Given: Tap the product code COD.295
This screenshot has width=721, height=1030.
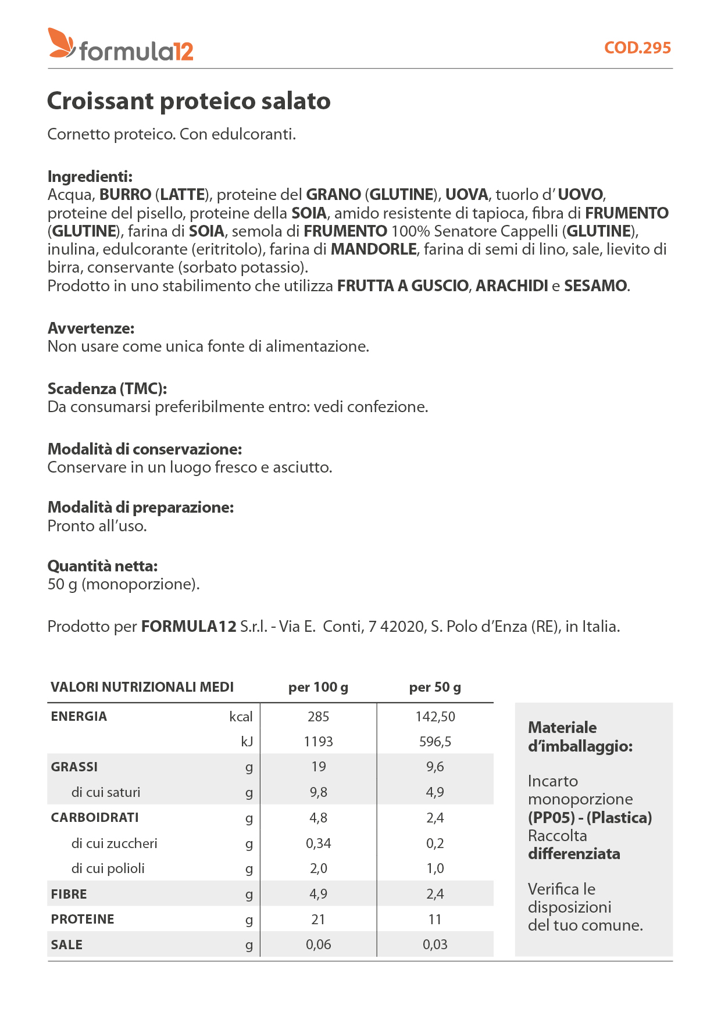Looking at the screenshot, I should pyautogui.click(x=637, y=48).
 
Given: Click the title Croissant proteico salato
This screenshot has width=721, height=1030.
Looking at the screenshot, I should pyautogui.click(x=188, y=101).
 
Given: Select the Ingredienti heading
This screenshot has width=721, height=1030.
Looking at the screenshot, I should pyautogui.click(x=90, y=176).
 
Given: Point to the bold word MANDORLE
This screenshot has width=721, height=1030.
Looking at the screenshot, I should pyautogui.click(x=373, y=249).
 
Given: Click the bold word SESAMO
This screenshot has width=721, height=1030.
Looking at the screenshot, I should pyautogui.click(x=595, y=286).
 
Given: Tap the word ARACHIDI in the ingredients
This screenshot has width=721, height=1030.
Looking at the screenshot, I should pyautogui.click(x=512, y=286).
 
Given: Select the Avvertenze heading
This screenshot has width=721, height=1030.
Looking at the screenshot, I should pyautogui.click(x=91, y=328).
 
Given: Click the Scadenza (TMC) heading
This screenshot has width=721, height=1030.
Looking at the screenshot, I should pyautogui.click(x=107, y=388).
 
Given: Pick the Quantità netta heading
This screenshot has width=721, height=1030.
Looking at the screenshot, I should pyautogui.click(x=102, y=566).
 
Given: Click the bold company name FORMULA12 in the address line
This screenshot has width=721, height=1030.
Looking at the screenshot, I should pyautogui.click(x=188, y=627).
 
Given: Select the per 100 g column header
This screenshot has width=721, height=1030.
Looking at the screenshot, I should pyautogui.click(x=318, y=687).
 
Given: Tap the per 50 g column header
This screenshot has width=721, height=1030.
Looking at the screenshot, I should pyautogui.click(x=435, y=687).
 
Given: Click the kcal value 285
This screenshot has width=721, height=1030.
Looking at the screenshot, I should pyautogui.click(x=318, y=717).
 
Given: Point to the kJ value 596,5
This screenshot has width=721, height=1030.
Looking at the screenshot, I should pyautogui.click(x=435, y=742).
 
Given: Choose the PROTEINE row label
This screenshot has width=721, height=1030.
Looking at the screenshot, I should pyautogui.click(x=83, y=919).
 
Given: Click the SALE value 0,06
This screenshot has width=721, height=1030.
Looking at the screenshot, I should pyautogui.click(x=318, y=945).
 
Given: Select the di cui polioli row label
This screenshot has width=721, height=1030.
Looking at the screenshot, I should pyautogui.click(x=108, y=868).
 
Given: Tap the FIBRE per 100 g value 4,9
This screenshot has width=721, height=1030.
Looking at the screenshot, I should pyautogui.click(x=318, y=894).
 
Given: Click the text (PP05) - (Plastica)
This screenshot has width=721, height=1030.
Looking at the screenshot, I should pyautogui.click(x=590, y=818).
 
